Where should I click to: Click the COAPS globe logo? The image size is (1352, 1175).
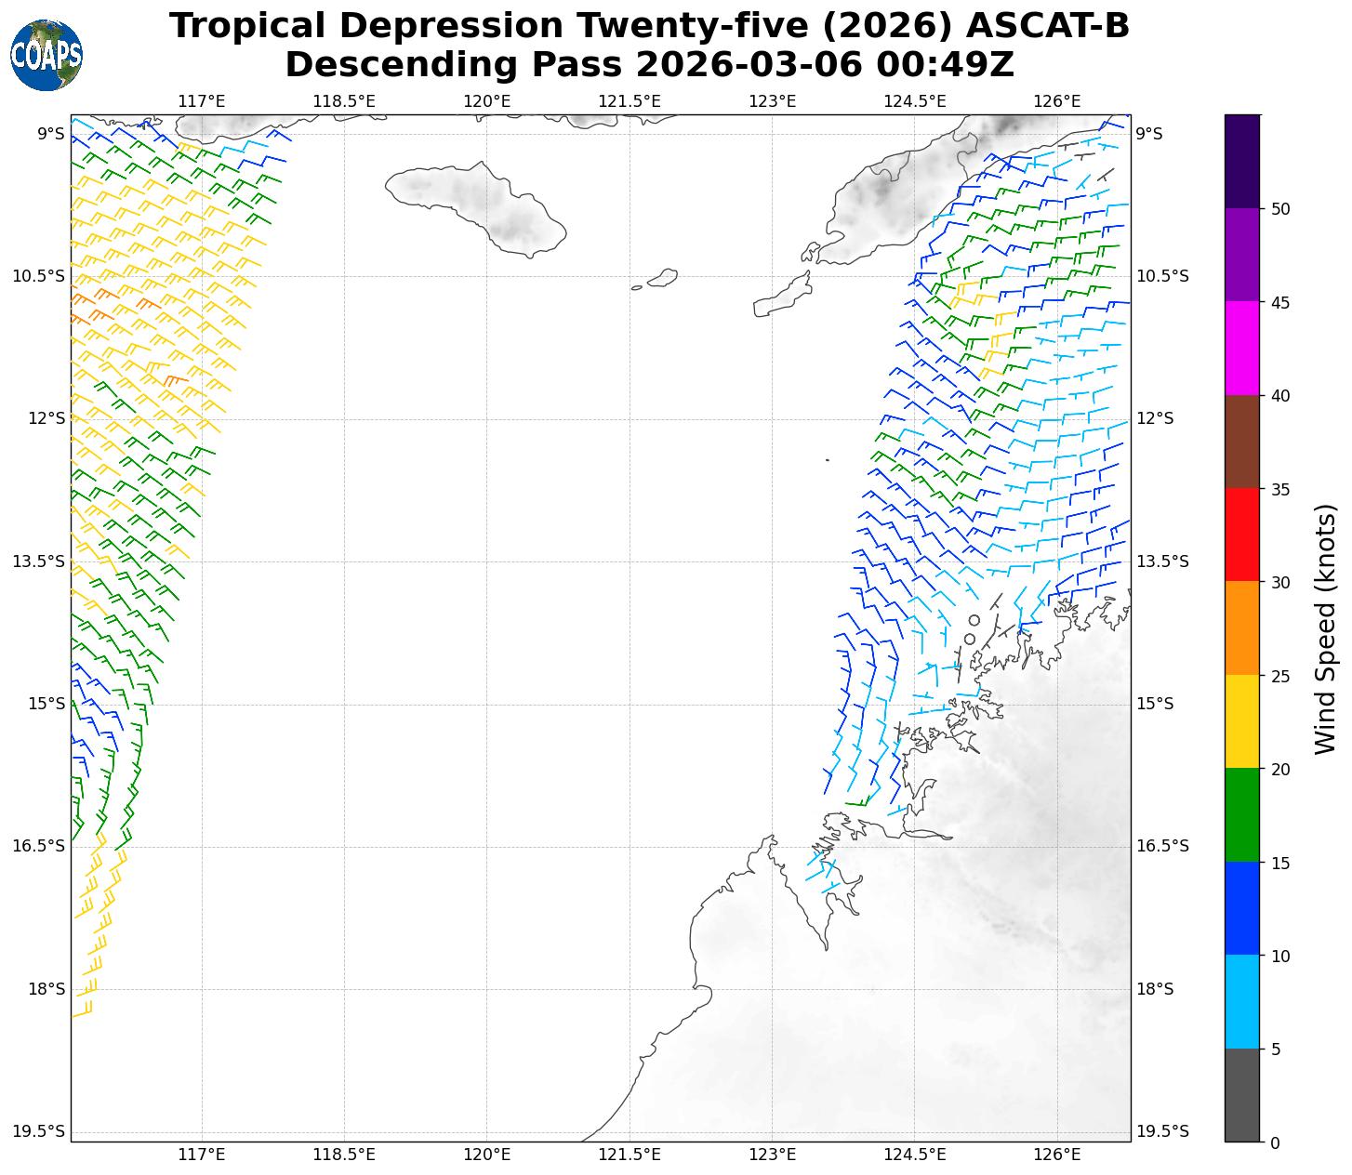pyautogui.click(x=46, y=56)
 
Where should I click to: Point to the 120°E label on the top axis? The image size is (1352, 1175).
pyautogui.click(x=487, y=100)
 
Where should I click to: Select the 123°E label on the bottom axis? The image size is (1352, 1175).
pyautogui.click(x=772, y=1155)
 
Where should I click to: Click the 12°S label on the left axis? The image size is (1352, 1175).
pyautogui.click(x=46, y=418)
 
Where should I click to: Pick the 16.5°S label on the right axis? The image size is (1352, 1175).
pyautogui.click(x=1162, y=846)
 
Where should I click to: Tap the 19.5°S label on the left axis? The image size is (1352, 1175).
pyautogui.click(x=39, y=1131)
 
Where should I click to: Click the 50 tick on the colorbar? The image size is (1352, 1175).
pyautogui.click(x=1280, y=208)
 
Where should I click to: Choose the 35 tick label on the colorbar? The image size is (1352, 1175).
pyautogui.click(x=1280, y=489)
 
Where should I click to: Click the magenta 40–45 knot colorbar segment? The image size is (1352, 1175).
pyautogui.click(x=1242, y=349)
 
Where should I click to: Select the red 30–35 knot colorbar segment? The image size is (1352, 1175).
pyautogui.click(x=1242, y=535)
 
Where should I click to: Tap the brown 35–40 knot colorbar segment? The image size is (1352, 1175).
pyautogui.click(x=1242, y=442)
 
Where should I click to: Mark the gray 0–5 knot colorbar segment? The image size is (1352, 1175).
pyautogui.click(x=1242, y=1095)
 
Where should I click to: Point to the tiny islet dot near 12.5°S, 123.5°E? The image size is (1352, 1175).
pyautogui.click(x=827, y=459)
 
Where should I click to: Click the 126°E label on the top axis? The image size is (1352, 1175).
pyautogui.click(x=1057, y=100)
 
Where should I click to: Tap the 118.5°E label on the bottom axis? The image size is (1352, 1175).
pyautogui.click(x=344, y=1155)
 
